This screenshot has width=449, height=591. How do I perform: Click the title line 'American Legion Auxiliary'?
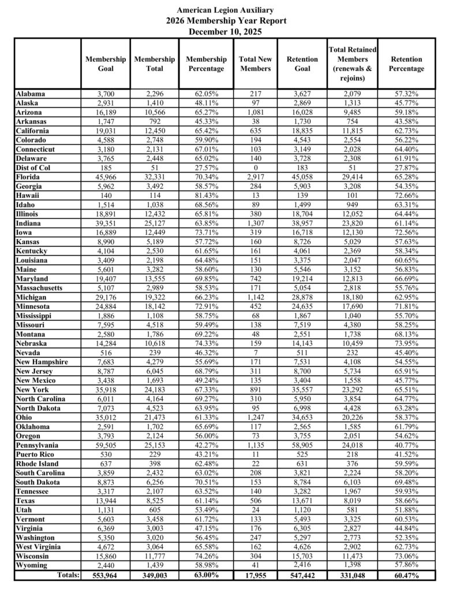pos(224,10)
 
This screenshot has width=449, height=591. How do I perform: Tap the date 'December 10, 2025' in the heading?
pos(224,32)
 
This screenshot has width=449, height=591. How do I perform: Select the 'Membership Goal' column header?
pos(106,63)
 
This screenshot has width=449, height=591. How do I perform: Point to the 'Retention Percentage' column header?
pos(406,63)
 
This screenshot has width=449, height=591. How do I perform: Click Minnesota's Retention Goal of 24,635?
pos(302,306)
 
